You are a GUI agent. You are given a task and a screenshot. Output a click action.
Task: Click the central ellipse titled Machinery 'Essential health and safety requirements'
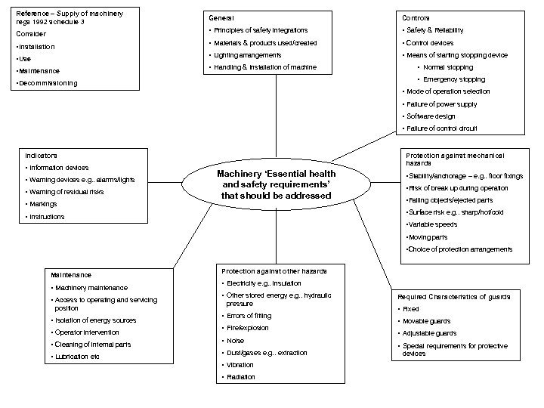[x=277, y=184]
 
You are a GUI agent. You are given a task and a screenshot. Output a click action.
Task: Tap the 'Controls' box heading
[x=416, y=17]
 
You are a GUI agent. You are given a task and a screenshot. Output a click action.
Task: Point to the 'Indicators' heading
[x=41, y=155]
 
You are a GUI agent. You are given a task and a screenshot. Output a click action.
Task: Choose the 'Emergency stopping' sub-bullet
[x=454, y=79]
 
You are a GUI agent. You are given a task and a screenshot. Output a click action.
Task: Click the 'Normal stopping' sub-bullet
[x=449, y=67]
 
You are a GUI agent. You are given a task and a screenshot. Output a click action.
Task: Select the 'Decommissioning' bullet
[x=47, y=83]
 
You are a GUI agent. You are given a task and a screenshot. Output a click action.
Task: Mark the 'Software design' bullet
[x=431, y=116]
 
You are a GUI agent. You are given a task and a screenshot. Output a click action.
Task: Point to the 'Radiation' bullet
[x=241, y=377]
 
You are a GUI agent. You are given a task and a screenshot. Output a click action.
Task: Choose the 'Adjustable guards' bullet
[x=429, y=333]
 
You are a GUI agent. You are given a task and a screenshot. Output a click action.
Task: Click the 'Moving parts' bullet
[x=428, y=237]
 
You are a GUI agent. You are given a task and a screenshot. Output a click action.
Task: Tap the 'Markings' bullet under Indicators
[x=43, y=204]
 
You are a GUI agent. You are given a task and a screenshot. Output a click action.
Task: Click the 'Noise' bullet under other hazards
[x=236, y=341]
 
